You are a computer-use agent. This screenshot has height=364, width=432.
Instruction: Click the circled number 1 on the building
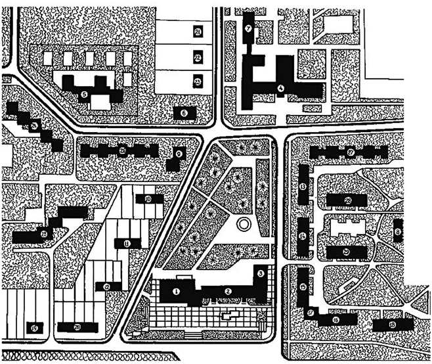(x=177, y=290)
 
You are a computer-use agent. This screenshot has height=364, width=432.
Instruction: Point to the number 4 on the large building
(x=280, y=88)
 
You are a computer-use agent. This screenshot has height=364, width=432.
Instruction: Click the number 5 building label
(x=84, y=95)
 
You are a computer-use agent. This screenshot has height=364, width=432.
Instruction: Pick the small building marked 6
(x=184, y=113)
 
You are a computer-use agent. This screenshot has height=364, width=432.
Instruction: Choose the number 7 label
(x=248, y=29)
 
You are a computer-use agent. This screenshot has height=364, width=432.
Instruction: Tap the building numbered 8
(x=398, y=232)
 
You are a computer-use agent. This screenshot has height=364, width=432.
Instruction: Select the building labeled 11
(x=126, y=243)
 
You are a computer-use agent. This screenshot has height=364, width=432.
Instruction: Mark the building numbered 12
(x=106, y=286)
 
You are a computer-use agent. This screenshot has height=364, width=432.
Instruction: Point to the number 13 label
(x=303, y=187)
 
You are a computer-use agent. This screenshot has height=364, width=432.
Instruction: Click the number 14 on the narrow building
(x=303, y=236)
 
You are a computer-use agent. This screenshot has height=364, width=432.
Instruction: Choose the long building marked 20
(x=77, y=327)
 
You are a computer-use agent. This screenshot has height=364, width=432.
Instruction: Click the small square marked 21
(x=198, y=31)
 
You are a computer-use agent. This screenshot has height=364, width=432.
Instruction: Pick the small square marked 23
(x=198, y=81)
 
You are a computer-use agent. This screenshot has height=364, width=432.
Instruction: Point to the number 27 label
(x=351, y=152)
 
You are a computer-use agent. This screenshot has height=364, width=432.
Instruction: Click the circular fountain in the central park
(x=244, y=225)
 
